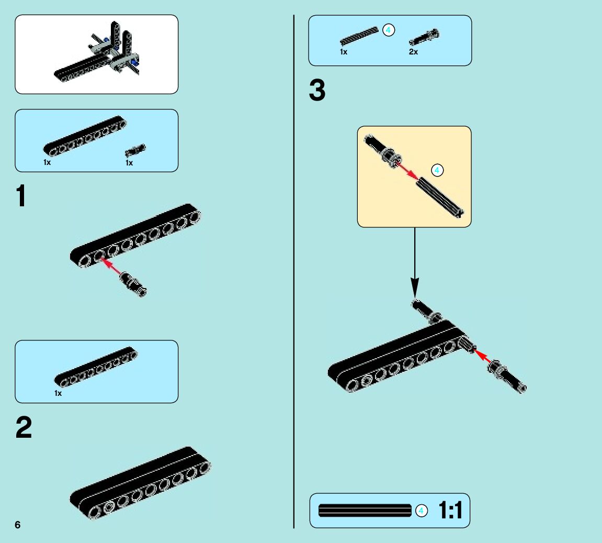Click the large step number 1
tap(21, 197)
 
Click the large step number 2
tap(24, 428)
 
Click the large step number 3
tap(317, 91)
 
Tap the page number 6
tap(18, 525)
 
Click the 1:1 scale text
tap(450, 511)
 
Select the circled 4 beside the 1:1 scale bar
tap(422, 511)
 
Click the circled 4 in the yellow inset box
tap(438, 170)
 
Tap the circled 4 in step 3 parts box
tap(388, 30)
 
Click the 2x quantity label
tap(413, 52)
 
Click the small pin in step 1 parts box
tap(135, 150)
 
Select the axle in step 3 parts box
tap(359, 36)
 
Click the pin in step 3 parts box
tap(424, 37)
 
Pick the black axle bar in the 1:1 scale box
tap(365, 511)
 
